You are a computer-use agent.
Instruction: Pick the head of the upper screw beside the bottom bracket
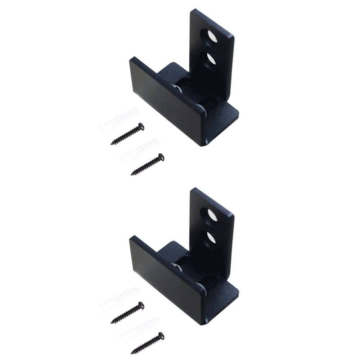pyautogui.click(x=141, y=305)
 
